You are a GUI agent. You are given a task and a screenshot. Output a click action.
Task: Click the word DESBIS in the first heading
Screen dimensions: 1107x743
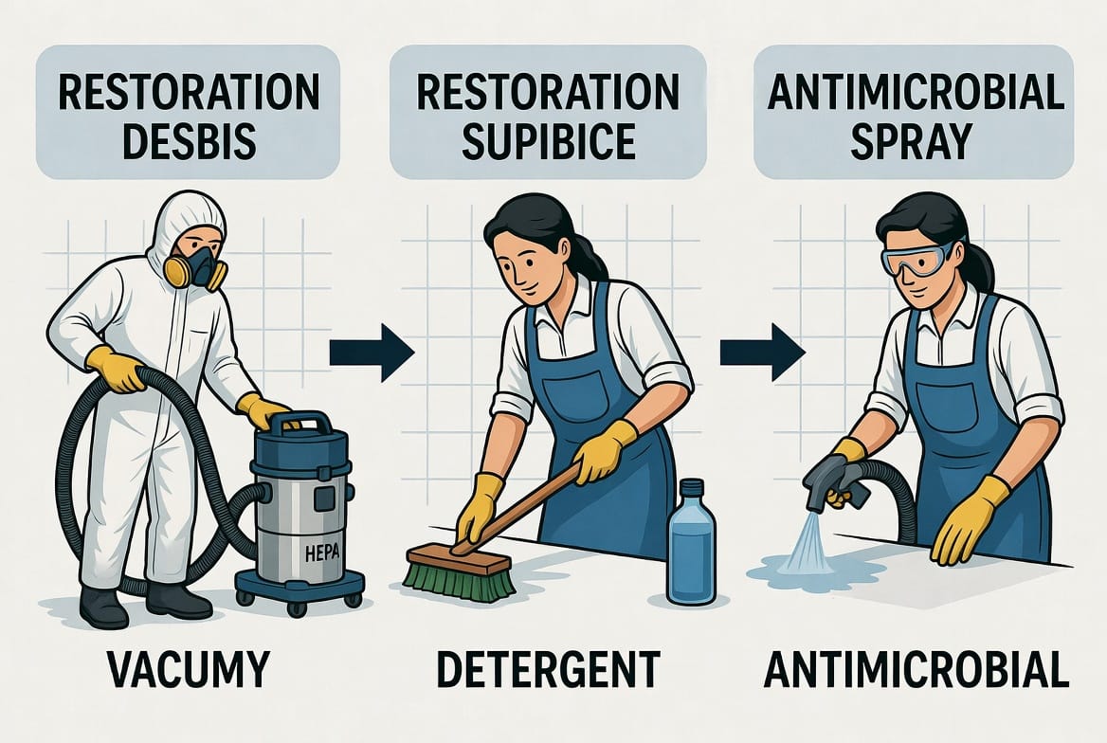[x=189, y=140]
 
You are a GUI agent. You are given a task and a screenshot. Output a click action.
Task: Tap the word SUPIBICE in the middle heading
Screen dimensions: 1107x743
[x=549, y=140]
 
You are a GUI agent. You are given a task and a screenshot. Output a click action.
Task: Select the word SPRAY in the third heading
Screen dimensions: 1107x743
[x=912, y=140]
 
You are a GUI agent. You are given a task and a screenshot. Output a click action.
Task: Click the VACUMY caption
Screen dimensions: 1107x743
[x=189, y=669]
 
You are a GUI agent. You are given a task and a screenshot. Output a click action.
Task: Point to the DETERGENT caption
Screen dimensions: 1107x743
[x=548, y=669]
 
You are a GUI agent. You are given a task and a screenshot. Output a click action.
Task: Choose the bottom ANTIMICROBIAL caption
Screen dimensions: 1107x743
[x=916, y=669]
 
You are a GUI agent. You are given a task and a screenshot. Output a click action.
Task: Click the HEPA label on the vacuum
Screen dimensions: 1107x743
[x=322, y=553]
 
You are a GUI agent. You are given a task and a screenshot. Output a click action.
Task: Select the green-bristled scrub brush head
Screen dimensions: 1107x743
[x=459, y=572]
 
